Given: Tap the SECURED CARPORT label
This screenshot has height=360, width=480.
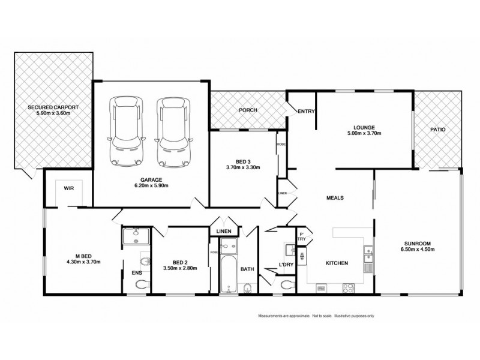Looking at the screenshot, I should point(53,107).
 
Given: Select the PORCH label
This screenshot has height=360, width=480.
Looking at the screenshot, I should point(248,110).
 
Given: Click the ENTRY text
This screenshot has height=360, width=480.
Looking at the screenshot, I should point(306,110).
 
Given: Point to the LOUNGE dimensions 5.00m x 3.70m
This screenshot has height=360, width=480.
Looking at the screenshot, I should point(364,134).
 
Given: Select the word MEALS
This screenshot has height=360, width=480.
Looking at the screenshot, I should point(335,197).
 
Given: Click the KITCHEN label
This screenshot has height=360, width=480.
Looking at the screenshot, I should point(337,263).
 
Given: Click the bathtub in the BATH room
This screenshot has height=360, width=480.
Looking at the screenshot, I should point(228,273).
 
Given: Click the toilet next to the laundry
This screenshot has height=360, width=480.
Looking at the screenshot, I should point(287,283).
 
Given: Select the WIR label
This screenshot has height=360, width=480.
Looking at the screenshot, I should point(68,188).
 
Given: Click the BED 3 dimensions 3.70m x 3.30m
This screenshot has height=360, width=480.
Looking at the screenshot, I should point(243,167).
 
